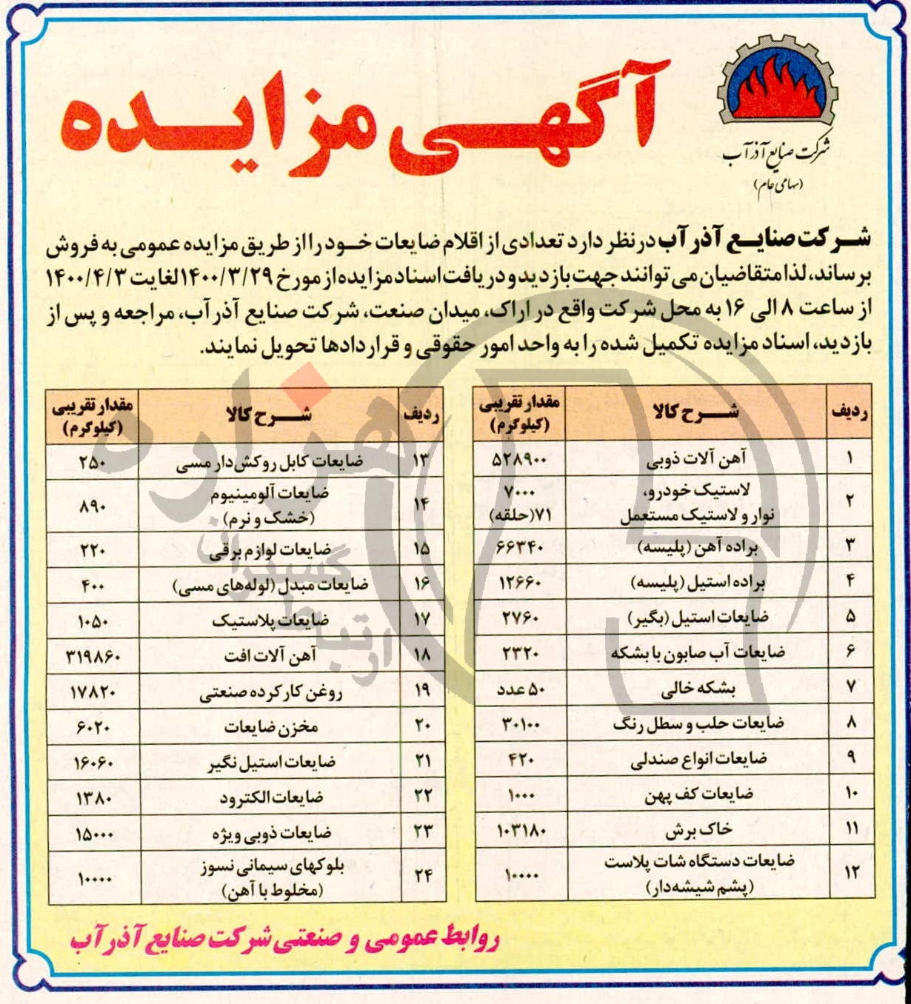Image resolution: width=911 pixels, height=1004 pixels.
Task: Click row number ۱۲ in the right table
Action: [850, 872]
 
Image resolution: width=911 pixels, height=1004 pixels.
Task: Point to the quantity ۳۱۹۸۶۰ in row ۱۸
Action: [93, 657]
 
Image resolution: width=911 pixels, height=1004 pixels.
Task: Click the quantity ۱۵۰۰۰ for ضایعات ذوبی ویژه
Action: [93, 834]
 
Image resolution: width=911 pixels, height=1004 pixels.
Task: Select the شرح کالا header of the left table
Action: [270, 416]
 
